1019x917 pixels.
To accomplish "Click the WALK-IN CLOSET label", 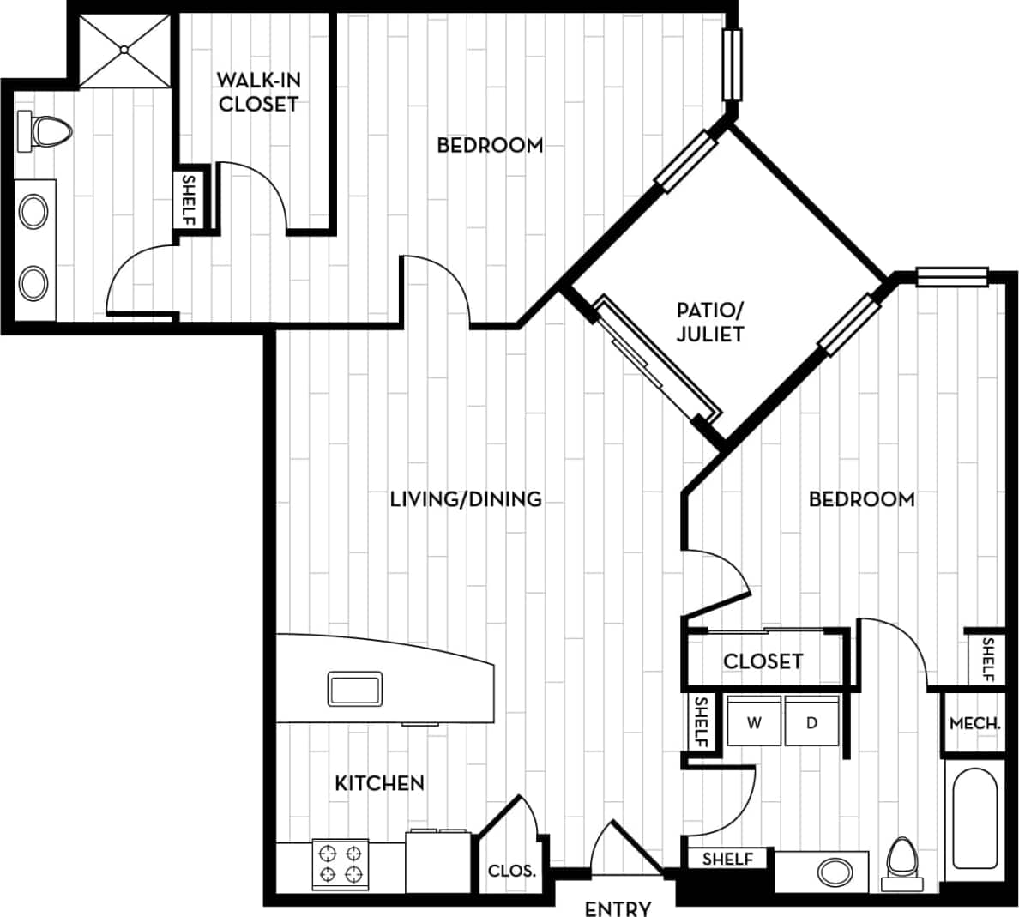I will (258, 92).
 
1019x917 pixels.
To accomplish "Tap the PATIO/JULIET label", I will (710, 322).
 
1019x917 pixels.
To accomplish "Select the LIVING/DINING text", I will (466, 498).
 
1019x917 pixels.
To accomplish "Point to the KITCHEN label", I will (379, 783).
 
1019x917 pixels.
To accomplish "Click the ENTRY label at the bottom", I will (618, 908).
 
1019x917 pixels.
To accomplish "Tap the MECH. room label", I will (974, 723).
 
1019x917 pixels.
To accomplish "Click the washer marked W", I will (754, 722).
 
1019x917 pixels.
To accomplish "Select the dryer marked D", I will (811, 722).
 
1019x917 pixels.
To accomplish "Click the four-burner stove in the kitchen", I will (339, 864).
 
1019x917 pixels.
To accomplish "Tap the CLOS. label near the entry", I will (512, 871).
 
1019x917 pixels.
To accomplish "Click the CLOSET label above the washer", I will (763, 661).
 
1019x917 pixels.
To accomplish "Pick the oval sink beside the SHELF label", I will (835, 872).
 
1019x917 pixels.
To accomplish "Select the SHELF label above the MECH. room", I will (987, 659).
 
